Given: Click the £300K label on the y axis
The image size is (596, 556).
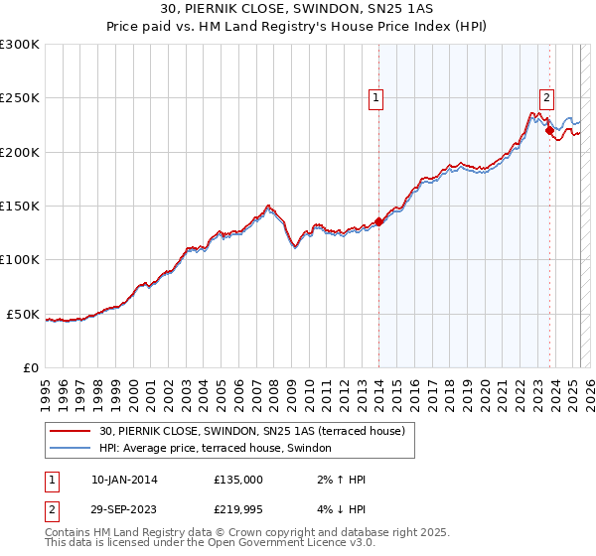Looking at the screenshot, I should coord(20,45).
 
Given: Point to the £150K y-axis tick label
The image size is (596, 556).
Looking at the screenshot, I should coord(20,207).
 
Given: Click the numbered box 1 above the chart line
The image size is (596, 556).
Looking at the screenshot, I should coord(377,97).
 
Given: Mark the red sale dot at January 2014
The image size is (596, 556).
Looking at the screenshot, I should coord(378,222).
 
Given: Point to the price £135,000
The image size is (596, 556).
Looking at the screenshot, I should coord(238,480).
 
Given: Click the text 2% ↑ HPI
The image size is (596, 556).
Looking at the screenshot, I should coord(339,480).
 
